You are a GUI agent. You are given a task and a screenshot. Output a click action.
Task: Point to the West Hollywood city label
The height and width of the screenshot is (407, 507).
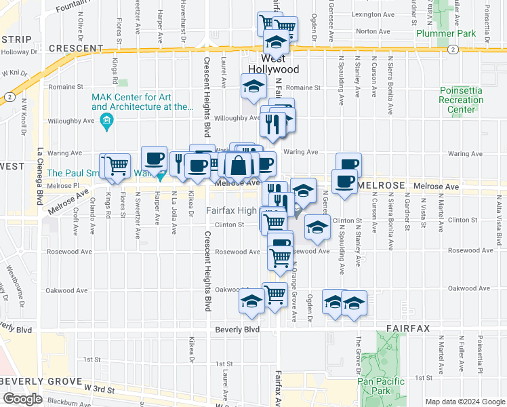point(273,64)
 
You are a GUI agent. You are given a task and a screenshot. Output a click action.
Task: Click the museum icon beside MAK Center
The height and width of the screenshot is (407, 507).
point(106,122)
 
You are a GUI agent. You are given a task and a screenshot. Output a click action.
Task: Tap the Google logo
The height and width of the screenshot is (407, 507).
point(22,399)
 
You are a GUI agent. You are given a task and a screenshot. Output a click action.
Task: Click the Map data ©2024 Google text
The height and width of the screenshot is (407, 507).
point(465,402)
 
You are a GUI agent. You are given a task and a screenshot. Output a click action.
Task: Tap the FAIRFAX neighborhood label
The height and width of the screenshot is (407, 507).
point(408,328)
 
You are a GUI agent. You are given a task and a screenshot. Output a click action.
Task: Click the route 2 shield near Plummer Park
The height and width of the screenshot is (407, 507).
point(452,50)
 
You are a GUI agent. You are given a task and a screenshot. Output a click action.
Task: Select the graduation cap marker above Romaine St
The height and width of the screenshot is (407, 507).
point(254,87)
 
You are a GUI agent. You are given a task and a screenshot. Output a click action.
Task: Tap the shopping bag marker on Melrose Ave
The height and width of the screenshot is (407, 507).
point(239,165)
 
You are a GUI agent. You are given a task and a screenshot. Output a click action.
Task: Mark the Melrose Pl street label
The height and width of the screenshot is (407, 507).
point(64,186)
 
